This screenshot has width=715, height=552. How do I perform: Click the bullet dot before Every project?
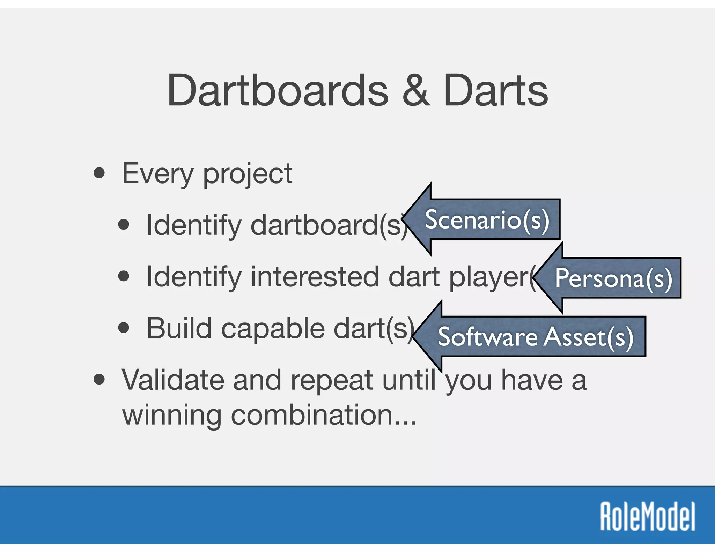click(99, 173)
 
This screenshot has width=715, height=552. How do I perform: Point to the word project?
click(247, 174)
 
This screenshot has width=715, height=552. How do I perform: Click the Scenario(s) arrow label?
click(487, 220)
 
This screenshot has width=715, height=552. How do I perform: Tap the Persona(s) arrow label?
click(613, 278)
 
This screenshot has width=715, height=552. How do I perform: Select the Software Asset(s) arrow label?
click(535, 337)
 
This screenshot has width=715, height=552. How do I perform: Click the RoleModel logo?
click(648, 517)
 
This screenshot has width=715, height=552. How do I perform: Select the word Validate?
click(173, 380)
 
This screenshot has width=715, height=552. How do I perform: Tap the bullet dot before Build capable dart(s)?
click(124, 328)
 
